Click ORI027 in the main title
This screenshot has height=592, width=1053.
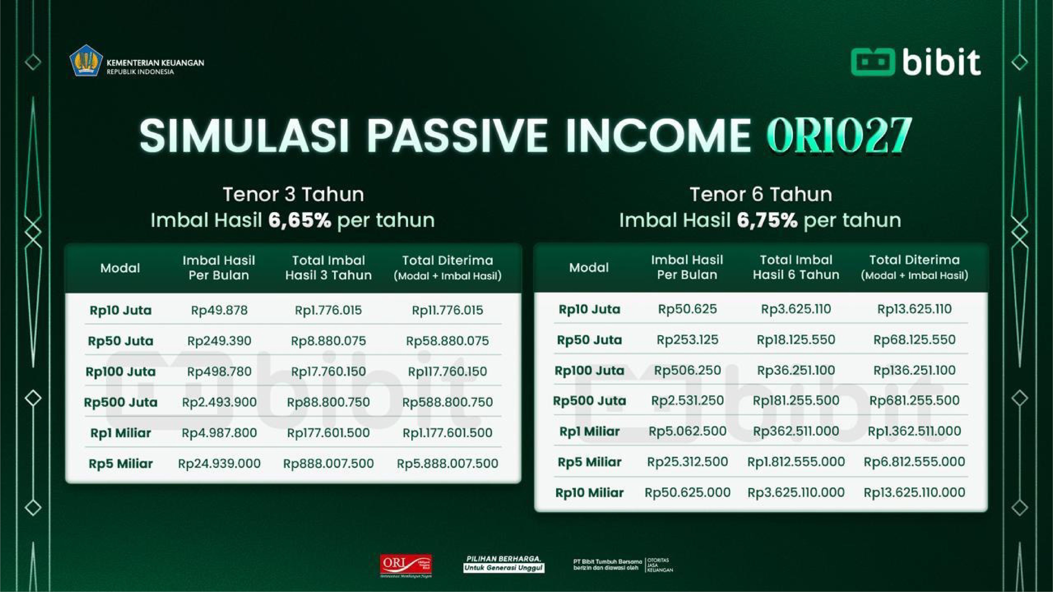click(x=839, y=135)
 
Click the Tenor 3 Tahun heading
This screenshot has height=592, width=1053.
click(x=293, y=195)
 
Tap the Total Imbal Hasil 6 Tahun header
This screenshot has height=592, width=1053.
click(x=796, y=267)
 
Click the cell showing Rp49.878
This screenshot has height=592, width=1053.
click(x=219, y=310)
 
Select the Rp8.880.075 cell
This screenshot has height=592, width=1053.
click(x=328, y=341)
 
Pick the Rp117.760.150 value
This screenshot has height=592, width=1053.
click(x=447, y=371)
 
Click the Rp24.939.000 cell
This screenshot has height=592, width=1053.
click(x=219, y=463)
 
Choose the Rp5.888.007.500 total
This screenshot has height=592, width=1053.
click(x=447, y=463)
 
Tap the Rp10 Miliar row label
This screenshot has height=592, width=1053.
click(x=589, y=493)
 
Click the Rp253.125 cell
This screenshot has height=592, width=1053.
click(x=687, y=340)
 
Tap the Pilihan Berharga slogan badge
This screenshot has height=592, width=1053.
click(x=504, y=564)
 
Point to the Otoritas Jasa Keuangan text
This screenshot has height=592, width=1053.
click(x=660, y=565)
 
